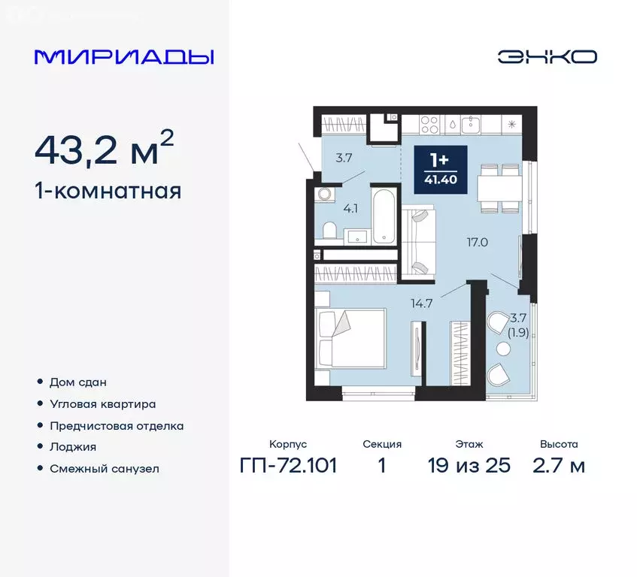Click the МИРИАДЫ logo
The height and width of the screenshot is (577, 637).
(124, 57)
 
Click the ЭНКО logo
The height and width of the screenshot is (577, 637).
(547, 57)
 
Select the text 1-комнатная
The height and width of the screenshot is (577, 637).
(108, 191)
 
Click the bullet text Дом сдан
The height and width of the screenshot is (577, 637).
(77, 382)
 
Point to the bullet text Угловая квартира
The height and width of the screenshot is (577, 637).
(102, 403)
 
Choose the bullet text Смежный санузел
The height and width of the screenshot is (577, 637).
(105, 469)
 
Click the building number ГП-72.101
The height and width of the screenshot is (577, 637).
(288, 466)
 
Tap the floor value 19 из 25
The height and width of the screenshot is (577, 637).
(469, 466)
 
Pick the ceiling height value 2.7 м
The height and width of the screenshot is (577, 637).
(559, 466)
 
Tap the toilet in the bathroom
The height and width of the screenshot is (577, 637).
(328, 230)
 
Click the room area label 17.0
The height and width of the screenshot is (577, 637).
(477, 243)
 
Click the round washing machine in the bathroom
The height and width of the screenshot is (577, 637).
(325, 194)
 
